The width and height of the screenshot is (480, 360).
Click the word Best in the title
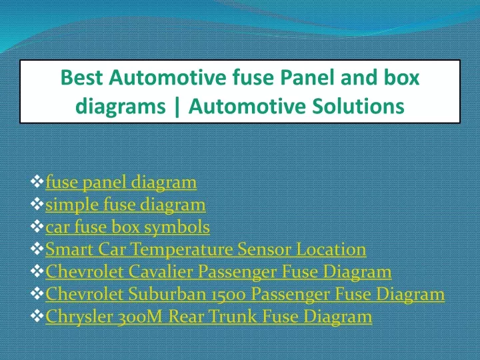(x=81, y=77)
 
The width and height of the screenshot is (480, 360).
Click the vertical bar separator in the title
(x=177, y=107)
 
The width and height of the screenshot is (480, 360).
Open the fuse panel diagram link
(x=121, y=183)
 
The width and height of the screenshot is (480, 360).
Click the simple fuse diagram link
(x=125, y=205)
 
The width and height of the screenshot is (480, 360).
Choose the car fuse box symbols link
(x=127, y=227)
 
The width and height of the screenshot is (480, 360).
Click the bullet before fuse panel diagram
(x=37, y=181)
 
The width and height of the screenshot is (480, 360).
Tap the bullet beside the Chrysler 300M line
(x=37, y=315)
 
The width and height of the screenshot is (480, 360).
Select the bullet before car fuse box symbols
(x=37, y=226)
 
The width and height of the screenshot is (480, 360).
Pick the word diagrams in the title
(x=121, y=107)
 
